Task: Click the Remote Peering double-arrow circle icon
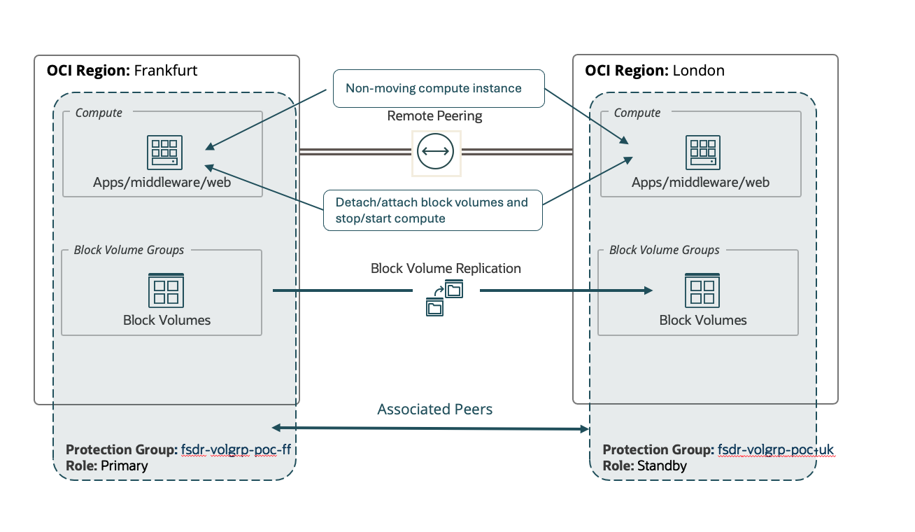tap(435, 151)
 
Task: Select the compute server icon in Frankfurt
tap(165, 153)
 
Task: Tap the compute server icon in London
tap(703, 153)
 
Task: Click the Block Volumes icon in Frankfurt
tap(166, 290)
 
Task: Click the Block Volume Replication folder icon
tap(445, 297)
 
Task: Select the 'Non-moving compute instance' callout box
tap(438, 88)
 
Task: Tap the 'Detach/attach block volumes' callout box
tap(432, 210)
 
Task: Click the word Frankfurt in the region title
tap(165, 71)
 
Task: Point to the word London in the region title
tap(698, 71)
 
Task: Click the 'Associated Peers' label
tap(434, 409)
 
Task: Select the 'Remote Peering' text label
tap(434, 116)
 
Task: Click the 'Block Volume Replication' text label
tap(446, 268)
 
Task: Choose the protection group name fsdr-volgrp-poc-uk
tap(775, 449)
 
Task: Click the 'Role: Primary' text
tap(106, 465)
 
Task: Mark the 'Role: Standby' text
tap(644, 465)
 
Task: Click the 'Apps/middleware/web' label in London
tap(700, 183)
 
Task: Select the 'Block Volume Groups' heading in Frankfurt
tap(129, 250)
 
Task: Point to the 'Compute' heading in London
tap(637, 113)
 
